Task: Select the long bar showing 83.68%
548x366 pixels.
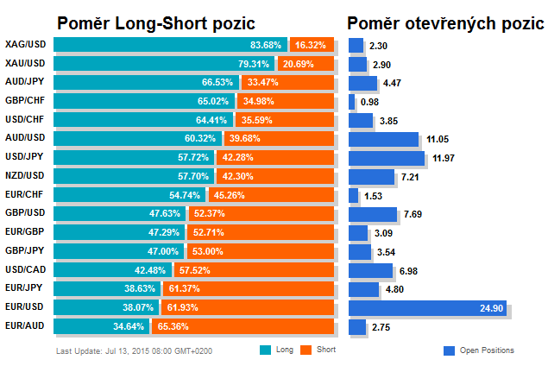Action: (x=170, y=44)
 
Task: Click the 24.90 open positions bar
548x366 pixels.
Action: (x=427, y=308)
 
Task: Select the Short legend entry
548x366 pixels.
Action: (x=318, y=350)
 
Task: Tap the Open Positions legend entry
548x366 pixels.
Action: (x=478, y=350)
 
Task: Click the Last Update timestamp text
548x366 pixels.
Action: (x=134, y=350)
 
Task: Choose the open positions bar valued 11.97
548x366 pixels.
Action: (x=386, y=157)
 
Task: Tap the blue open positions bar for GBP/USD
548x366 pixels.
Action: (x=372, y=213)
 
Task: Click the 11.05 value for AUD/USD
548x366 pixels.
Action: (x=438, y=139)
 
